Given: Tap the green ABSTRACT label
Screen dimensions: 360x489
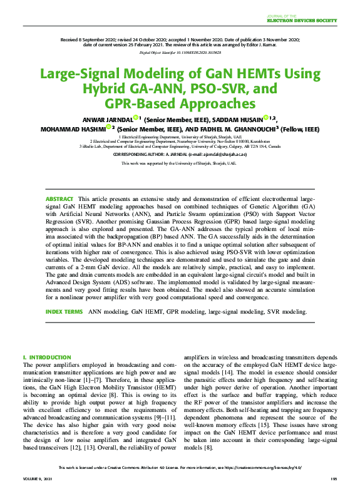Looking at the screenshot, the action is coord(59,198).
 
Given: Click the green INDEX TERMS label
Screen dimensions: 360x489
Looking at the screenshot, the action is coord(64,311).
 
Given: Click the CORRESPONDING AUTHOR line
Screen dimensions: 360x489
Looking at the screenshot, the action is coord(180,153).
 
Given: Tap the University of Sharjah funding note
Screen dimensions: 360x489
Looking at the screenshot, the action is coord(180,163).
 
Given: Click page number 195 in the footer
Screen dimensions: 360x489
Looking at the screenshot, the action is coord(333,478).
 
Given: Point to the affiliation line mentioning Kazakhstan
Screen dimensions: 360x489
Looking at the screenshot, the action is coord(180,141).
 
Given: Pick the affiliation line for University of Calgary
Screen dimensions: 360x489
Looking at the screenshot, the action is coord(180,146).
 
